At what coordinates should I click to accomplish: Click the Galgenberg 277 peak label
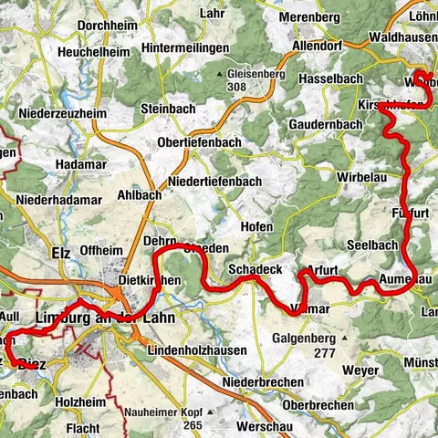coord(309,344)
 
